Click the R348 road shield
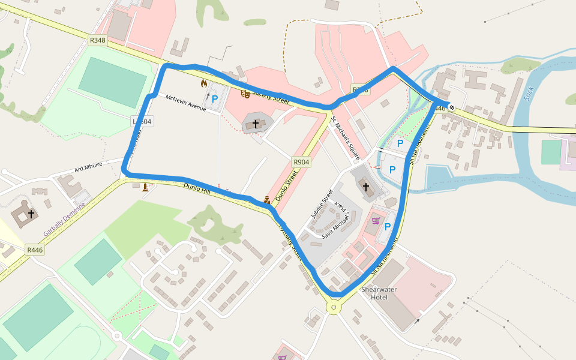point(97,40)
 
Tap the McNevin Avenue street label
point(185,103)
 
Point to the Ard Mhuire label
point(89,166)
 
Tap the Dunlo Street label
point(286,185)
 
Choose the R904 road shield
point(301,162)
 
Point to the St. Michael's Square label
point(346,138)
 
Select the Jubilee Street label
point(322,203)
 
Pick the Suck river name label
point(529,94)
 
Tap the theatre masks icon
point(245,94)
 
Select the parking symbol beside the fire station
point(214,99)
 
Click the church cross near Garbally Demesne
point(31,214)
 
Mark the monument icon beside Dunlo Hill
point(145,187)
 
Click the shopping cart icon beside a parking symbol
point(376,221)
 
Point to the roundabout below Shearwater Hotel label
point(333,308)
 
